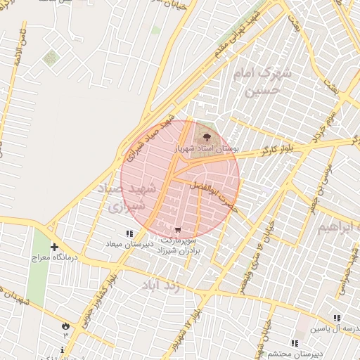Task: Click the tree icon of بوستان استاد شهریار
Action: tap(207, 136)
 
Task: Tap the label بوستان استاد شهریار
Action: tap(207, 150)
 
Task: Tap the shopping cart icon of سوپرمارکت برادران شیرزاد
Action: tap(179, 229)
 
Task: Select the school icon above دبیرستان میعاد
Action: tap(129, 233)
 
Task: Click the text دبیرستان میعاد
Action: tap(129, 243)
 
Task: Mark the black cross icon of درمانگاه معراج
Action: tap(54, 247)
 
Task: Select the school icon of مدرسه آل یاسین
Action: tap(337, 318)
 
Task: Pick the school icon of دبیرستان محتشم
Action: tap(294, 342)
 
